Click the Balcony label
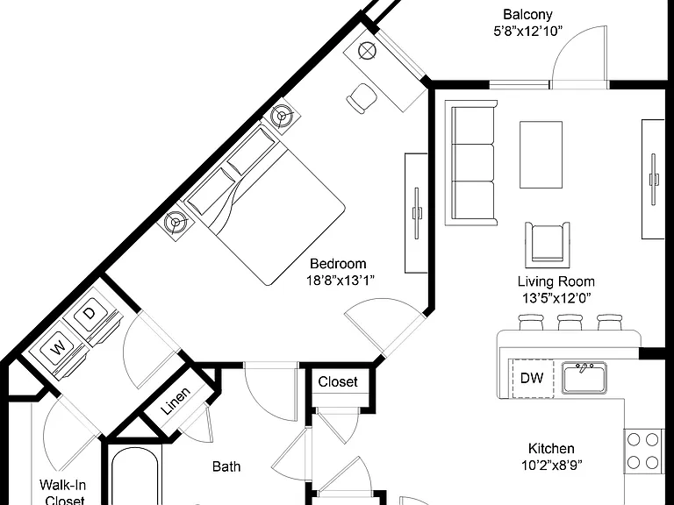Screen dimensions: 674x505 tap(527, 15)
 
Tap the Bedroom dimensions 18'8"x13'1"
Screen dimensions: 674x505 tap(340, 281)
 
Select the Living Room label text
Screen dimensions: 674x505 tap(556, 281)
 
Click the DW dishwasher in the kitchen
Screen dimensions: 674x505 tap(531, 378)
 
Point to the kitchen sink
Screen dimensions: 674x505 tap(584, 378)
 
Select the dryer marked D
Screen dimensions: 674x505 tap(90, 314)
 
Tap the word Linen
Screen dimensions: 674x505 tap(176, 401)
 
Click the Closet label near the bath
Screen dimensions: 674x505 tap(338, 381)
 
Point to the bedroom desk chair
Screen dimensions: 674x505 tap(362, 98)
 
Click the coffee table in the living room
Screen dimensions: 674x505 tap(541, 154)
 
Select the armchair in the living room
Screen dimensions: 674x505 tap(548, 245)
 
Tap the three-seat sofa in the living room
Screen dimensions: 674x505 tap(471, 163)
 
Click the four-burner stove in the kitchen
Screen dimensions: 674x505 tap(643, 451)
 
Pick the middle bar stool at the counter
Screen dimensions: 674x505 tap(570, 322)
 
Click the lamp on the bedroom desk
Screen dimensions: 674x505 tap(367, 51)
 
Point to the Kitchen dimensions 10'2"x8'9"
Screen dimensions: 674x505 tap(552, 465)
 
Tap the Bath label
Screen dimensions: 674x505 tap(226, 466)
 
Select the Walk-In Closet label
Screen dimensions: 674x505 tap(63, 493)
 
